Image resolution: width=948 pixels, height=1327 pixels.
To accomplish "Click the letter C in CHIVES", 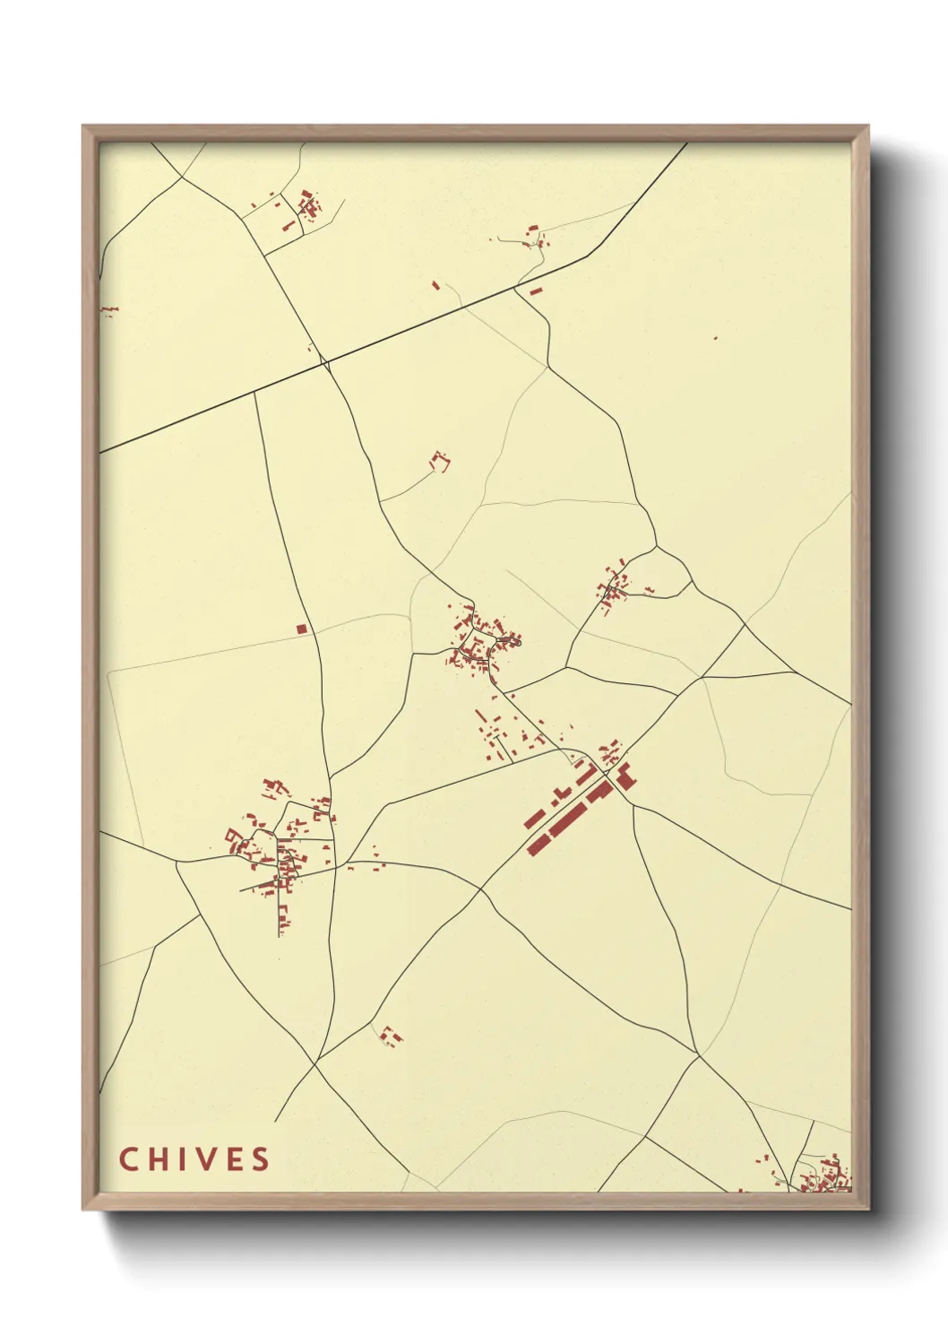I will pos(128,1158).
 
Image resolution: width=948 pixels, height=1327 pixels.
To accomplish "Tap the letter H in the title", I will pos(159,1158).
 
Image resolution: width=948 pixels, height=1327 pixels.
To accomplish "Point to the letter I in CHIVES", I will pos(184,1158).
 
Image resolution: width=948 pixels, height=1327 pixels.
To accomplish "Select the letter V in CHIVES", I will pos(205,1158).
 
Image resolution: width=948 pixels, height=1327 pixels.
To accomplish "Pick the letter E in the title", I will pos(234,1158).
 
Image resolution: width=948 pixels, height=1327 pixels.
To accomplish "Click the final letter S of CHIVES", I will pos(260,1158).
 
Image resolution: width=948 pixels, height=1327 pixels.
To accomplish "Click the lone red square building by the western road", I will pos(302,629).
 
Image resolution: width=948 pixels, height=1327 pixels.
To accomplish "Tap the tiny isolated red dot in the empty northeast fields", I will pos(715,338).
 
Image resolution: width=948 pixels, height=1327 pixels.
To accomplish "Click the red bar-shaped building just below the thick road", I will pos(536,291).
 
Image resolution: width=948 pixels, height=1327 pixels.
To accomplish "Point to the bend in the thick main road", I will pos(588,256).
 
